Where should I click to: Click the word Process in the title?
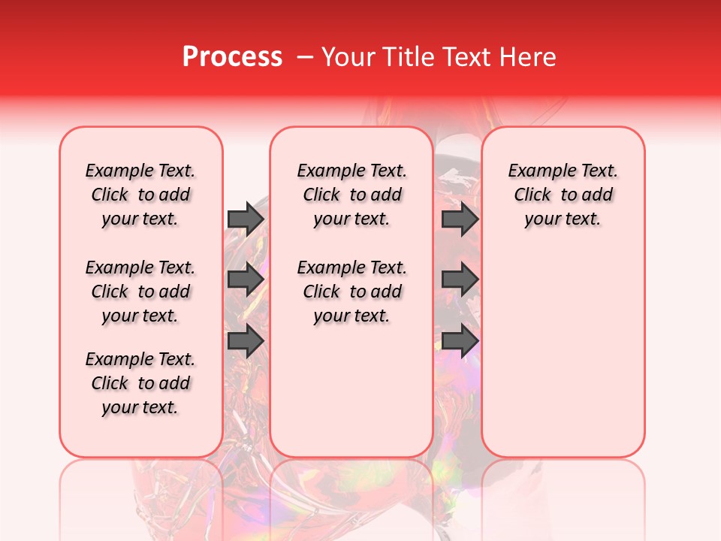pos(232,57)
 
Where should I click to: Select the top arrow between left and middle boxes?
pos(246,219)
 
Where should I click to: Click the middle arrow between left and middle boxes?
pos(246,280)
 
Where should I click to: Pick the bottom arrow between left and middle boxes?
pos(246,341)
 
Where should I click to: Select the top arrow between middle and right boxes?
pos(460,219)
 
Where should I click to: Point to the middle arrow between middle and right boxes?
pos(460,280)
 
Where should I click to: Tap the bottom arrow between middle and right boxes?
pos(460,341)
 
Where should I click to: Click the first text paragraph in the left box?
pos(140,195)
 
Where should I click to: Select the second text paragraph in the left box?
pos(140,292)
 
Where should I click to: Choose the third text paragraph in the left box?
pos(140,383)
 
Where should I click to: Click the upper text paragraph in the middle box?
pos(351,195)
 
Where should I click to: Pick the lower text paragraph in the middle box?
pos(351,292)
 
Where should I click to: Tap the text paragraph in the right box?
pos(563,195)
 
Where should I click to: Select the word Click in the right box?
pos(532,195)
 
